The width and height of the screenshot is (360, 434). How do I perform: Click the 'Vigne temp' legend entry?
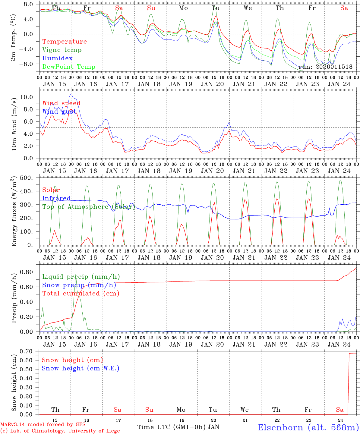pyautogui.click(x=62, y=50)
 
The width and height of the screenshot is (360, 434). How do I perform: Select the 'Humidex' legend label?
pyautogui.click(x=57, y=58)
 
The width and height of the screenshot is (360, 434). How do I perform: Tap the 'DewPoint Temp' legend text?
pyautogui.click(x=69, y=67)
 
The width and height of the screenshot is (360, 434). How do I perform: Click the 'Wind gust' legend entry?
pyautogui.click(x=59, y=112)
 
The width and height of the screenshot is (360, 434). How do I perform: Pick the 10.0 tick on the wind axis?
pyautogui.click(x=30, y=97)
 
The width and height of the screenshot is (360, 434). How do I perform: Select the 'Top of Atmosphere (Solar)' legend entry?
pyautogui.click(x=89, y=207)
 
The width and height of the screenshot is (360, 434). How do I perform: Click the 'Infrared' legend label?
pyautogui.click(x=56, y=198)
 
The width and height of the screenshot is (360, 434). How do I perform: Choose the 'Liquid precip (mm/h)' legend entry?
pyautogui.click(x=81, y=277)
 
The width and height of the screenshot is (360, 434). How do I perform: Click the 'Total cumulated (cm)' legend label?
pyautogui.click(x=81, y=294)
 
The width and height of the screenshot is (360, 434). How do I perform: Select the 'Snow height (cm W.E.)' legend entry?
pyautogui.click(x=81, y=368)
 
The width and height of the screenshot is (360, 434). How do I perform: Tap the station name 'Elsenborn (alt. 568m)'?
pyautogui.click(x=308, y=427)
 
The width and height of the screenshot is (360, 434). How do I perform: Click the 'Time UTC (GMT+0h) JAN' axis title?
pyautogui.click(x=178, y=427)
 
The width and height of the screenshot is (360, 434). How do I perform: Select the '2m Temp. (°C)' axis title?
pyautogui.click(x=13, y=38)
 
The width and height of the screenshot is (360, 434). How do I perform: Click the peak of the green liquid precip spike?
pyautogui.click(x=75, y=275)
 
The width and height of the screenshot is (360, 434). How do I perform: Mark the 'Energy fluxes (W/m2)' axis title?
pyautogui.click(x=14, y=212)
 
